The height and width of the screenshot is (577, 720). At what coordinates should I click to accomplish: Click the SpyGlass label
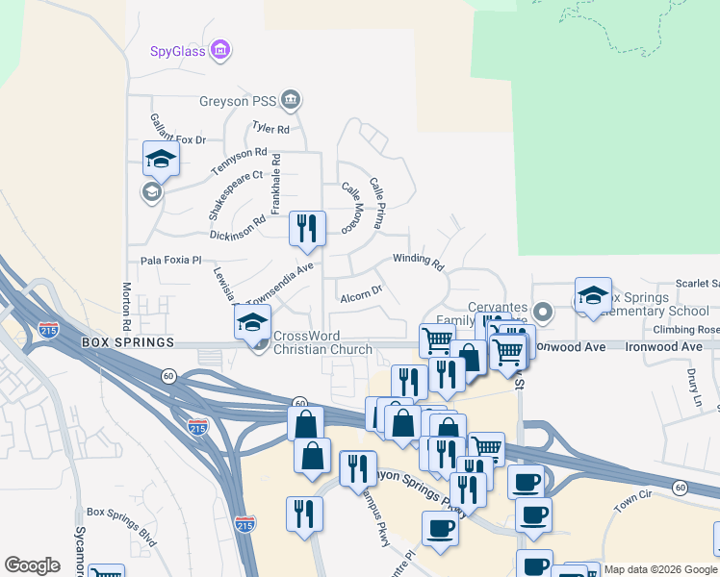178,51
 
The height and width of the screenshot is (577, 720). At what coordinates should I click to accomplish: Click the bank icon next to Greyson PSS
292,99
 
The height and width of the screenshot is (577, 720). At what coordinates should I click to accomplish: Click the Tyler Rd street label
270,128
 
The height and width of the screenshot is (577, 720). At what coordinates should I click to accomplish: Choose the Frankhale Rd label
275,184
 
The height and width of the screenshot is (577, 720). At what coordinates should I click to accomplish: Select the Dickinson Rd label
237,227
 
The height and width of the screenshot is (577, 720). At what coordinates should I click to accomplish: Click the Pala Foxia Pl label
170,260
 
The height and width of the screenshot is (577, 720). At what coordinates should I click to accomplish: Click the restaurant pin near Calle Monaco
308,229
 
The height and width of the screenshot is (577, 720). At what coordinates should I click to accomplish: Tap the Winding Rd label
418,261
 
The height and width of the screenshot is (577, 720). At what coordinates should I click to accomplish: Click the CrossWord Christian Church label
322,342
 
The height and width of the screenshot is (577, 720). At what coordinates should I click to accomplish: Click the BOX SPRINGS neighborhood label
127,342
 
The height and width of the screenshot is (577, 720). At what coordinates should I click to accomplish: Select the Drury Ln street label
695,385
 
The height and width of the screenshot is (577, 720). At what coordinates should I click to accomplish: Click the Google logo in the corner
32,565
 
